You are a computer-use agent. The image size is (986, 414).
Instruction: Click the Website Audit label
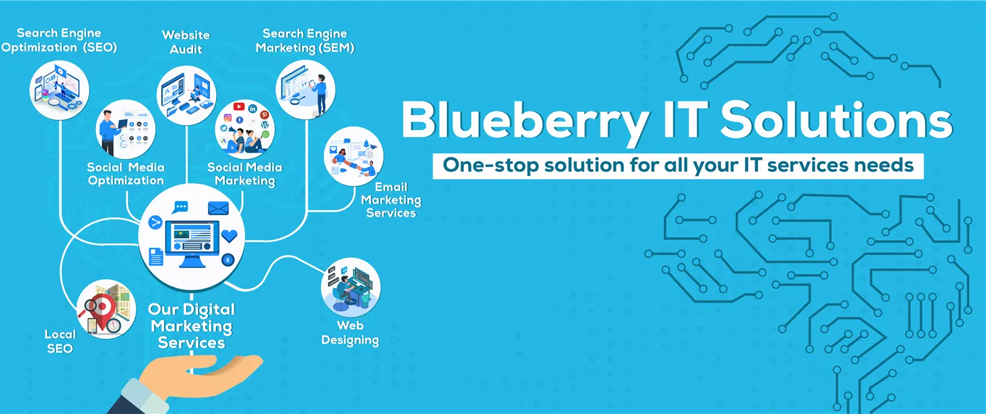pyautogui.click(x=186, y=42)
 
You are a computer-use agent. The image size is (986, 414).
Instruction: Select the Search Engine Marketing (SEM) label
pyautogui.click(x=305, y=40)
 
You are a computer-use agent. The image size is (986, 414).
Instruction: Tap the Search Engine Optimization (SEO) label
pyautogui.click(x=59, y=40)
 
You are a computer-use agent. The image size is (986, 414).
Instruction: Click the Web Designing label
pyautogui.click(x=350, y=333)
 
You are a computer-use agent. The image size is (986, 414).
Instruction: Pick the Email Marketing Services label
pyautogui.click(x=391, y=200)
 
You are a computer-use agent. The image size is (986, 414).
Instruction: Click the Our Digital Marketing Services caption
pyautogui.click(x=192, y=326)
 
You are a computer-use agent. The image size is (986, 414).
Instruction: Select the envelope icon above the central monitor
pyautogui.click(x=217, y=209)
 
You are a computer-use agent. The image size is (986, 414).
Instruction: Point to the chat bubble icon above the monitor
pyautogui.click(x=181, y=207)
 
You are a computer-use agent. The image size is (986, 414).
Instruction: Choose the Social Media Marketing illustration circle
pyautogui.click(x=244, y=129)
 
